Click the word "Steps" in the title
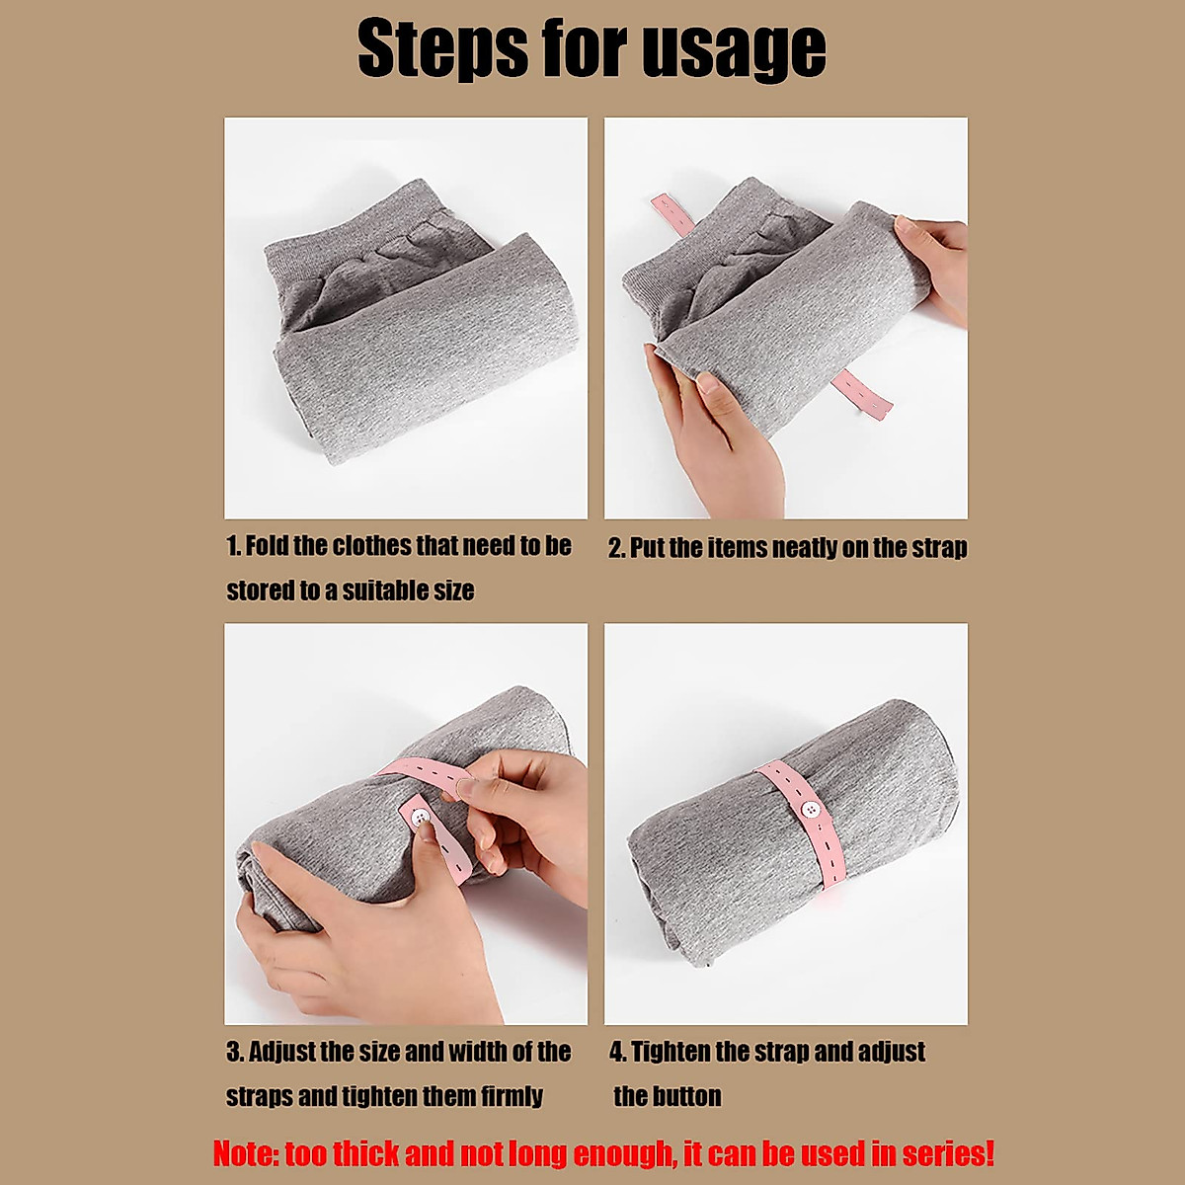(441, 48)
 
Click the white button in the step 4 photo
(813, 810)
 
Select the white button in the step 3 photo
(420, 818)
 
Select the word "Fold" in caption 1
(267, 546)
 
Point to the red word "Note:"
(246, 1153)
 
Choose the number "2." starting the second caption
(617, 548)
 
